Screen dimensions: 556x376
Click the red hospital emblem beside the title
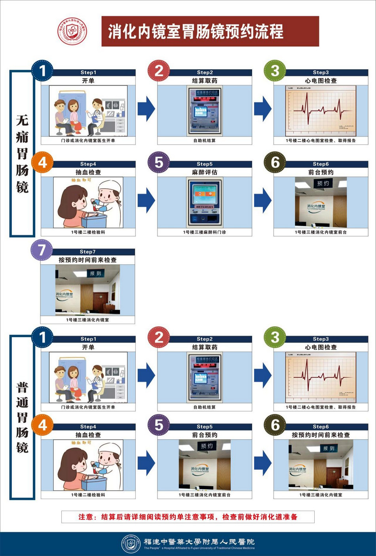(72, 31)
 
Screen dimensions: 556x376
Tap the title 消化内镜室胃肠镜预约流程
(196, 32)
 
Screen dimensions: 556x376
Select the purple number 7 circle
(42, 250)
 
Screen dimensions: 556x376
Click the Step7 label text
(87, 252)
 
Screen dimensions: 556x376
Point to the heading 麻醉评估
(205, 173)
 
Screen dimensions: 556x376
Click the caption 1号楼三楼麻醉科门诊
(205, 232)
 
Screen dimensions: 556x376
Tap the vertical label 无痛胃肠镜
(22, 154)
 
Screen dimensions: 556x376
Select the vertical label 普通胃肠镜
(22, 417)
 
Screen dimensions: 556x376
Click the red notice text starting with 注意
(188, 517)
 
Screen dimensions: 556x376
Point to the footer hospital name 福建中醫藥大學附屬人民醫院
(199, 541)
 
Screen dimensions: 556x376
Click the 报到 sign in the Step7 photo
(95, 273)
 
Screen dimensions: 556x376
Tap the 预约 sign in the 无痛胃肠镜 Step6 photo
(323, 183)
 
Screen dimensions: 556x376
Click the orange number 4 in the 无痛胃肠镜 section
(42, 162)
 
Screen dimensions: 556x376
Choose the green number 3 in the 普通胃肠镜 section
(275, 338)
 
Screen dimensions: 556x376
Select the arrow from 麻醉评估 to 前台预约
(263, 200)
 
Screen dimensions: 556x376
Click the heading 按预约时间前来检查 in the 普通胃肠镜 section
(321, 435)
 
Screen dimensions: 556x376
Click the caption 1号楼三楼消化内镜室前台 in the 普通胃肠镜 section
(205, 495)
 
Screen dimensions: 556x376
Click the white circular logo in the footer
(131, 544)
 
